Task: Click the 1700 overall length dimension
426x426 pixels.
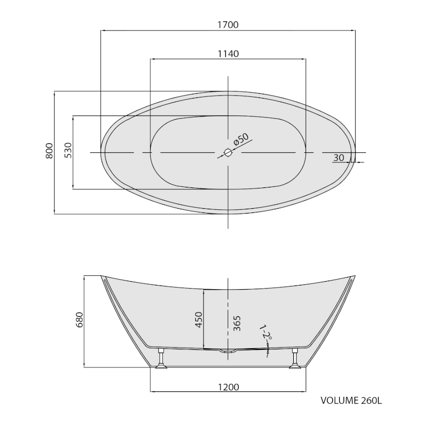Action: tap(228, 24)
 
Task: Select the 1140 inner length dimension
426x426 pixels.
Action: tap(228, 54)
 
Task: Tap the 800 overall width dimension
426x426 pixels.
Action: tap(49, 151)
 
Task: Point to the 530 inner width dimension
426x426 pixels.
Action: tap(68, 150)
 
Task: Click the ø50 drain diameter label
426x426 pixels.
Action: tap(241, 139)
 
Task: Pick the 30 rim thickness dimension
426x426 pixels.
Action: tap(339, 158)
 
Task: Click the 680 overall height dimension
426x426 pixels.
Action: tap(79, 320)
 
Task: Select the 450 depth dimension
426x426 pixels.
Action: tap(199, 319)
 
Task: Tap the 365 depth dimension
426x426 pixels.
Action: tap(237, 323)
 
